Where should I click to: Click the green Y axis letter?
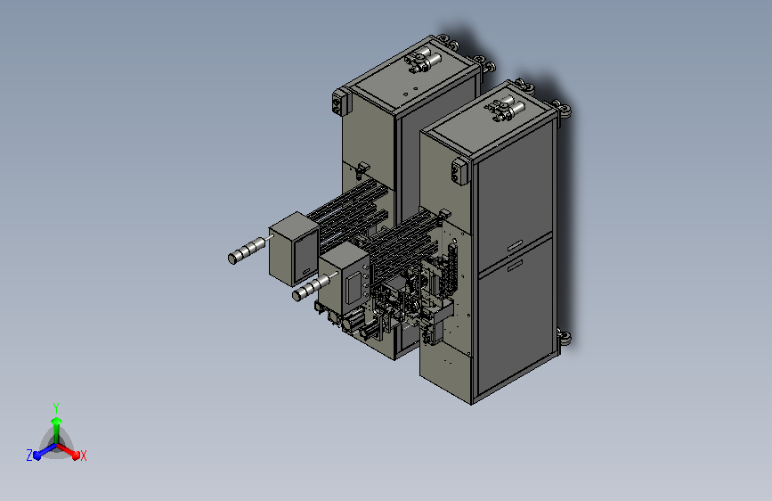pyautogui.click(x=56, y=407)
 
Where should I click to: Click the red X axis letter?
pyautogui.click(x=83, y=456)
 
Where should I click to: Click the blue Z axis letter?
pyautogui.click(x=29, y=456)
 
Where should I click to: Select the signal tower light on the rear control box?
pyautogui.click(x=249, y=249)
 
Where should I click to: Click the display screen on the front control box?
pyautogui.click(x=353, y=287)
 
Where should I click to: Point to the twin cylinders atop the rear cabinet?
pyautogui.click(x=424, y=59)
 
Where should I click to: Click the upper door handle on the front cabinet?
pyautogui.click(x=515, y=245)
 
